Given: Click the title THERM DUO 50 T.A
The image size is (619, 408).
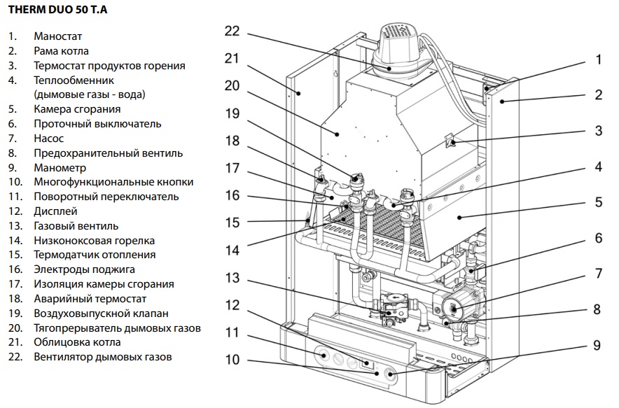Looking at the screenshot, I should coord(53,11).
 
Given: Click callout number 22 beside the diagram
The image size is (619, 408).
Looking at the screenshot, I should coord(232,31).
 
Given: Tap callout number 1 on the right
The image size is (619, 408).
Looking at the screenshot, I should coord(599,60).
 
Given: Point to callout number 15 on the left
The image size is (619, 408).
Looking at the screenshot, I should coord(232,222).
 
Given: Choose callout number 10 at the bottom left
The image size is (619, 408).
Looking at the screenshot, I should coord(232,360).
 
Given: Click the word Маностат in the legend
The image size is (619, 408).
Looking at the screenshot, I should coord(58,36).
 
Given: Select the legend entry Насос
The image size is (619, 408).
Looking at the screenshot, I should coord(48,139).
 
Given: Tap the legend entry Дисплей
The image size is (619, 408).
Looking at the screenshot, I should coord(55,211).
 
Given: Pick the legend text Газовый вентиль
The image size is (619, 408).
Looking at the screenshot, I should coord(76,226).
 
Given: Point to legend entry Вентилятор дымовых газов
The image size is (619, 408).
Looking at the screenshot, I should coord(103,357).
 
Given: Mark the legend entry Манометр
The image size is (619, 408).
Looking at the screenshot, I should coord(60,168).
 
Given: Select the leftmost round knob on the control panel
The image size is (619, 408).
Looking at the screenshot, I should coord(324,356).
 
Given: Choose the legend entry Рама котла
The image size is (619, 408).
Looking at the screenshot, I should coord(61,51).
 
